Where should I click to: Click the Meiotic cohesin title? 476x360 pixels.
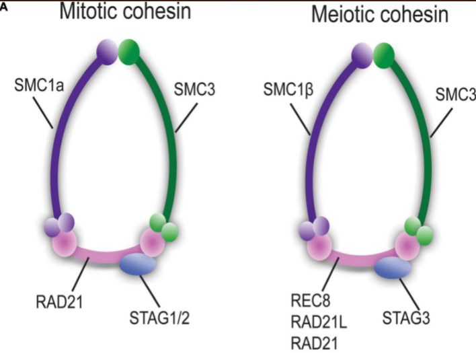pos(379,15)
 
